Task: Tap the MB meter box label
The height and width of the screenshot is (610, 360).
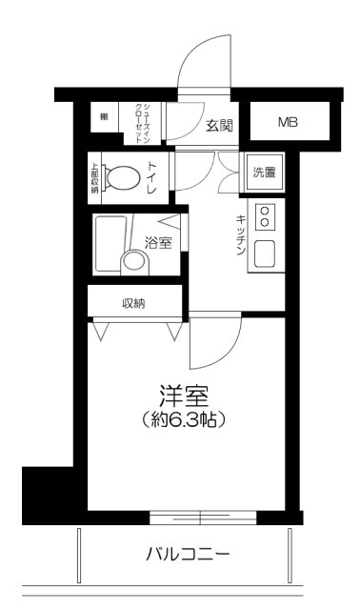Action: tap(288, 122)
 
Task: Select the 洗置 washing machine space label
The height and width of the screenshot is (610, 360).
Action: tap(264, 173)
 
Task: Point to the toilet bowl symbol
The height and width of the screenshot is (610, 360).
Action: tap(123, 177)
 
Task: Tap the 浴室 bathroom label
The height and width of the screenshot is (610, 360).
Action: tap(159, 242)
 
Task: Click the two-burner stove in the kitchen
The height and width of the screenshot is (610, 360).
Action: tap(266, 217)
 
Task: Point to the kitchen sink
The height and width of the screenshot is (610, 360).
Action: tap(266, 254)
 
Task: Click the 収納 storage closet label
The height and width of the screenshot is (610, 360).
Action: tap(134, 304)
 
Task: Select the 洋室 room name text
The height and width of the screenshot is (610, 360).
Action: tap(184, 395)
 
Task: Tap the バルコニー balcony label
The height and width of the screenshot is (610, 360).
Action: tap(188, 553)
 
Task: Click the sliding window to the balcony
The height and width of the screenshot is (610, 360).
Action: tap(201, 518)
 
